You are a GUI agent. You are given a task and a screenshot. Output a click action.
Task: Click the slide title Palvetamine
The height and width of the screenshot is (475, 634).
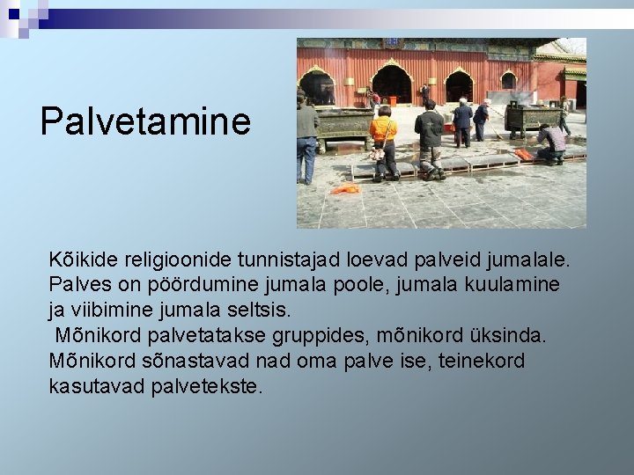coord(145,121)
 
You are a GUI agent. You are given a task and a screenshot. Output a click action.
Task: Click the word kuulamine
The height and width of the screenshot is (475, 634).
coord(508,286)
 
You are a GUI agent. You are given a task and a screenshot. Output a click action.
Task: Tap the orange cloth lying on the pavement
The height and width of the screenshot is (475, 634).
coord(346,188)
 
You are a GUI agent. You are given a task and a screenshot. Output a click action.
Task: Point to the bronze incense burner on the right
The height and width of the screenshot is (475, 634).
coord(531,117)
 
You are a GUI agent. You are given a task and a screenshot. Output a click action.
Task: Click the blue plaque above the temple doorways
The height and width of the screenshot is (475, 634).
coord(392,42)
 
